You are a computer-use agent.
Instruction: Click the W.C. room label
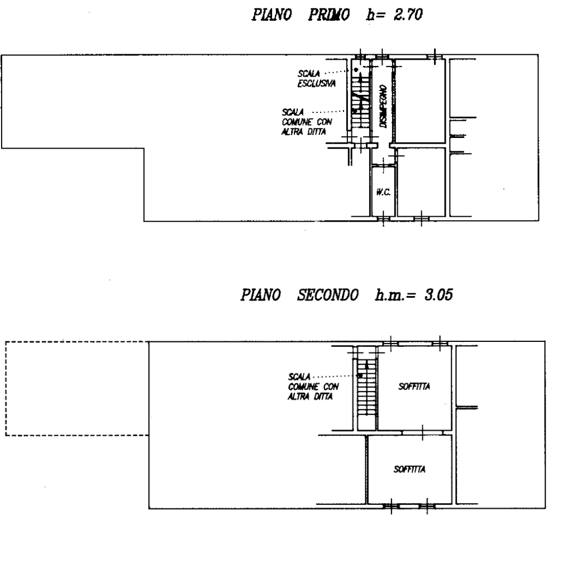tap(383, 192)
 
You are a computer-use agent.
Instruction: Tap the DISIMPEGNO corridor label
tap(383, 106)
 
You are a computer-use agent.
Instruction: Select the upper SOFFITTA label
tap(414, 387)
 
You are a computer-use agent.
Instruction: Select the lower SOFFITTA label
tap(409, 469)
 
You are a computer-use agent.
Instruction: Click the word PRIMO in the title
tap(329, 15)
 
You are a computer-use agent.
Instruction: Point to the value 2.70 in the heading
tap(408, 15)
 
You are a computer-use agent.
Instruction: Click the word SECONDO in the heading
tap(327, 295)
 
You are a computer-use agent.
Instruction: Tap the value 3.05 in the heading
tap(438, 295)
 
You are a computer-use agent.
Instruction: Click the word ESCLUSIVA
tap(317, 84)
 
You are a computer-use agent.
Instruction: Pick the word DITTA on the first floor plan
tap(316, 132)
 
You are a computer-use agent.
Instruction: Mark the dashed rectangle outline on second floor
tap(6, 389)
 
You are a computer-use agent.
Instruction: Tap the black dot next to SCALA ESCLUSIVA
tap(356, 69)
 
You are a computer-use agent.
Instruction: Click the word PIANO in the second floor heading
tap(260, 295)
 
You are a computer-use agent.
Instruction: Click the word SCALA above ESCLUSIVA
tap(308, 73)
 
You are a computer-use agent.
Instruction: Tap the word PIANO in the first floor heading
tap(272, 15)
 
